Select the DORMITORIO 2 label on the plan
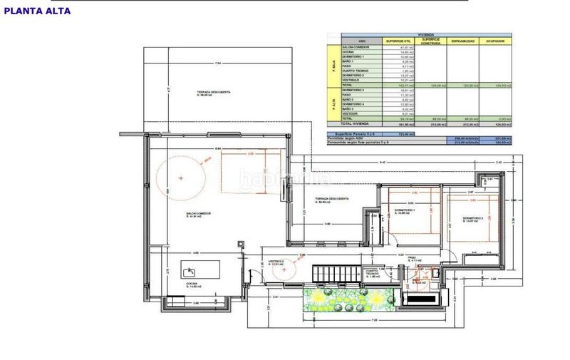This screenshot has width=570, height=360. coord(472,220)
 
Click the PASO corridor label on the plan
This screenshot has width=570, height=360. coord(416,260)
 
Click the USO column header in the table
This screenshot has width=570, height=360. coord(362,41)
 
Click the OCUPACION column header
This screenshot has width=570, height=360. coord(495,41)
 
